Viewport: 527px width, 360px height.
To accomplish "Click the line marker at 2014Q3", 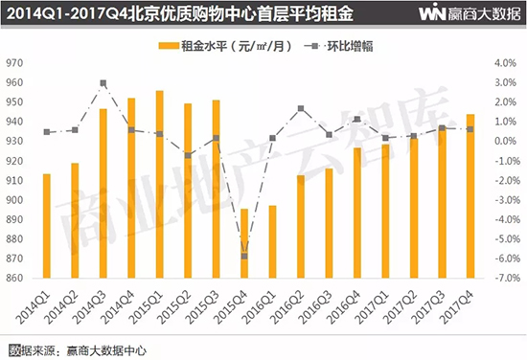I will [103, 83].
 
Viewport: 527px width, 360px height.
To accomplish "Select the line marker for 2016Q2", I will [300, 108].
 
